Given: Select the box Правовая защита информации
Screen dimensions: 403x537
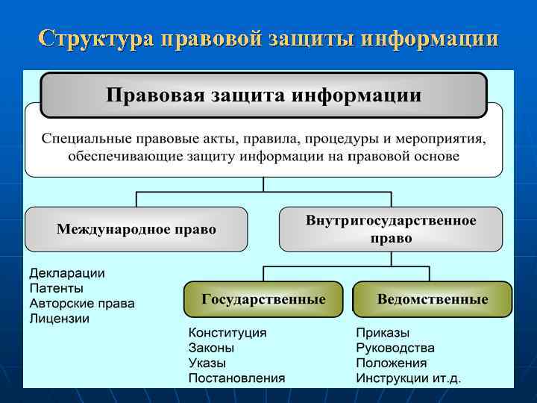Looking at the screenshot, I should point(263,96).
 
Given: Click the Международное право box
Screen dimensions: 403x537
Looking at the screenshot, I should point(136,229).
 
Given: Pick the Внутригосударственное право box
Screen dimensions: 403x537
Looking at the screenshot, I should point(391,229).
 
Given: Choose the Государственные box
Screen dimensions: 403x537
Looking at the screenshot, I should point(263,299).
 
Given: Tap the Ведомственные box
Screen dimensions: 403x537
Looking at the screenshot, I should point(433,299).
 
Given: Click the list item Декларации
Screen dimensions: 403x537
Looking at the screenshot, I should point(67,273).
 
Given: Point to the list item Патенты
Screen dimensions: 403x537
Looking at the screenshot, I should point(57,288).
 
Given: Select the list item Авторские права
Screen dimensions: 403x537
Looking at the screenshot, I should point(82,303).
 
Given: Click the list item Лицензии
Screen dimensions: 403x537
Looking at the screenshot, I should point(60,318).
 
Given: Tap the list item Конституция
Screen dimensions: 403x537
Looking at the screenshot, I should point(227,333).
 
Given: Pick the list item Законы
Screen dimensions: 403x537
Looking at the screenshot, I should point(211,348).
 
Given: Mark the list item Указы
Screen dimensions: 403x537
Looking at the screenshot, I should point(207,363).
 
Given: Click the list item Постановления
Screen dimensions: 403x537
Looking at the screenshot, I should point(236,378).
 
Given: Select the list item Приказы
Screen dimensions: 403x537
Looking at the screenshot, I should point(383,333).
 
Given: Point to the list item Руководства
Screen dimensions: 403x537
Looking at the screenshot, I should point(395,348).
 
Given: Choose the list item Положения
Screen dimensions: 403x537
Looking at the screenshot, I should point(392,363).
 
